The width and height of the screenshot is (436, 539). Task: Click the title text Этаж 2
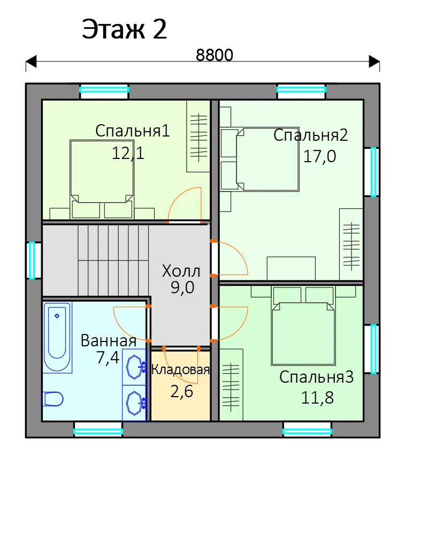pos(124,29)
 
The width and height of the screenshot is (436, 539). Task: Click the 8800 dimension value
pos(215,55)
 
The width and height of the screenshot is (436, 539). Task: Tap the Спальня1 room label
pos(133,131)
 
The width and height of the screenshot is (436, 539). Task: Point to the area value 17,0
pos(319,156)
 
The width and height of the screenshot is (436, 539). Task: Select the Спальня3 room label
pos(317,377)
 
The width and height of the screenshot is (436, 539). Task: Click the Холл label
pos(181,271)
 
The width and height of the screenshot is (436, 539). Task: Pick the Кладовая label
pos(180,370)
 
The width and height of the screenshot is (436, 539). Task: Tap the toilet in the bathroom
pos(53,399)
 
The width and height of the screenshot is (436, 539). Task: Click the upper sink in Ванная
pos(135,367)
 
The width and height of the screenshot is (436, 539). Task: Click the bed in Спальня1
pos(102,179)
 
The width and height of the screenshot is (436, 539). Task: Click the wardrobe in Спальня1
pos(198,136)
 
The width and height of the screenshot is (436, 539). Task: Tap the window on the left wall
pos(32,260)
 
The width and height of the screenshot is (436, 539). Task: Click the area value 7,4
pos(108,358)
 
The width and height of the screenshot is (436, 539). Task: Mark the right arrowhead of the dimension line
pos(374,62)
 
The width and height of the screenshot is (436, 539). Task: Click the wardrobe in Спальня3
pos(231,385)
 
